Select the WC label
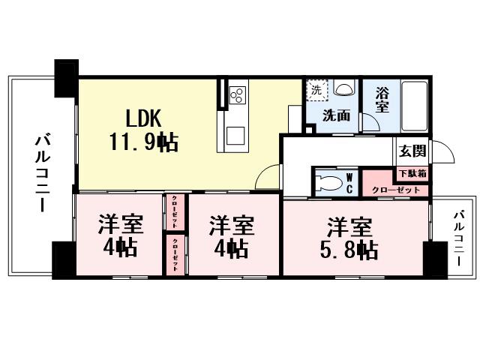349,183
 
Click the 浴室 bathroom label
382,100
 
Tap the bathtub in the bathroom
414,104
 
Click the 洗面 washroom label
336,115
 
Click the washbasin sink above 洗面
343,90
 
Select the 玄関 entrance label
412,151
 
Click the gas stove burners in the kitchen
237,94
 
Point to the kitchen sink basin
236,136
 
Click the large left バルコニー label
42,173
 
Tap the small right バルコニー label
457,239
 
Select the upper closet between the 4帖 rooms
175,212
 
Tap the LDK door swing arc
266,178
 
